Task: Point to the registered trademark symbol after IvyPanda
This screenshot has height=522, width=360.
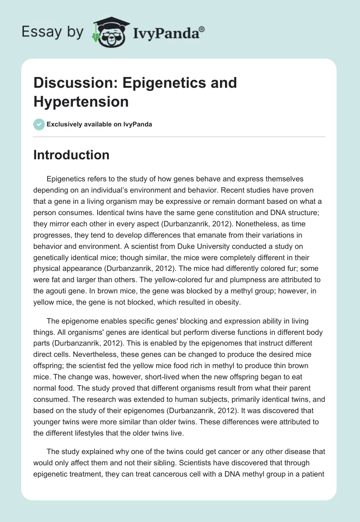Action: [x=202, y=29]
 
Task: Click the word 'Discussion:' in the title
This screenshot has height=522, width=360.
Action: [x=73, y=83]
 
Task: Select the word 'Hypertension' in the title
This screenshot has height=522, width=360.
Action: [x=81, y=102]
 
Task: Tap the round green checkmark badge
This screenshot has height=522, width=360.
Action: [x=39, y=124]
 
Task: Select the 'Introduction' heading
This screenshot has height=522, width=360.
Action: [x=72, y=155]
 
